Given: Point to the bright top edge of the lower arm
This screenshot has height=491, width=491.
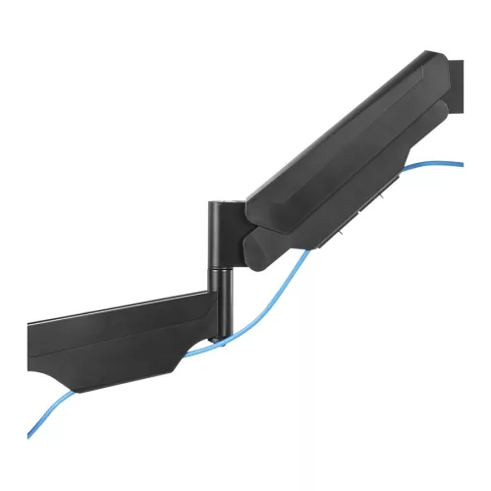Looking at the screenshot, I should pyautogui.click(x=118, y=309).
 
